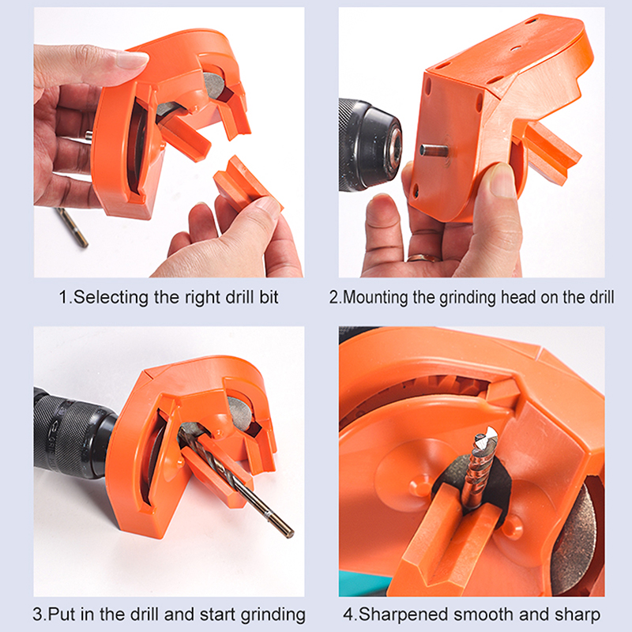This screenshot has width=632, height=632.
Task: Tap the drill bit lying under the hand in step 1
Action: coord(72,227)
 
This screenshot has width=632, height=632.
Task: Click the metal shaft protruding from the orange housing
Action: coord(433,151)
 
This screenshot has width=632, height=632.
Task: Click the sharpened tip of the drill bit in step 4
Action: coord(487,435)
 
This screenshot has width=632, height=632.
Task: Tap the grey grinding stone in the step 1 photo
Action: coord(213,85)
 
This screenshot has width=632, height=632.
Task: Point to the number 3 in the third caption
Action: coord(37,615)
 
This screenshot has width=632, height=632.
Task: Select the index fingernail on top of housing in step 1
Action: coord(132,60)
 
